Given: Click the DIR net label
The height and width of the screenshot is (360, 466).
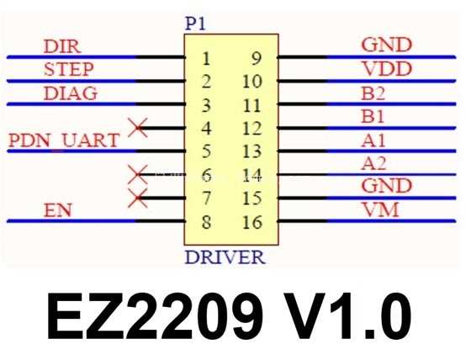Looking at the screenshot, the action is click(x=62, y=46).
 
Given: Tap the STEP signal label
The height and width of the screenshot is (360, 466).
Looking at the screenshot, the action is click(x=69, y=69).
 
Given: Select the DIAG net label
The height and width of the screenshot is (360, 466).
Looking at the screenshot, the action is click(x=71, y=93).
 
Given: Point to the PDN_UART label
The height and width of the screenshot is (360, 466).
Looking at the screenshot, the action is click(x=64, y=140).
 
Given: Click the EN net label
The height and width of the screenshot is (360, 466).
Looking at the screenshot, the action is click(x=58, y=210).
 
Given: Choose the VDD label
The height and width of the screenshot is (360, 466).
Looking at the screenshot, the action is click(x=388, y=69).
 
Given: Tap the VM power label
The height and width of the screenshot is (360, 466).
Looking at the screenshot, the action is click(x=381, y=209).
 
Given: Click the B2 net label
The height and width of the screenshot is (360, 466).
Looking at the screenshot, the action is click(x=373, y=93).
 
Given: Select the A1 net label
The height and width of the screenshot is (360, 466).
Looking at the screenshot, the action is click(x=373, y=140).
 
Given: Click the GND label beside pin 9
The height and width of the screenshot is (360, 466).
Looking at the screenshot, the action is click(x=387, y=45).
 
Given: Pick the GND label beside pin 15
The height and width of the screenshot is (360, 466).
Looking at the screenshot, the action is click(x=387, y=186).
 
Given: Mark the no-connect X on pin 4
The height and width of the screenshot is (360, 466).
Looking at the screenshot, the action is click(x=138, y=128).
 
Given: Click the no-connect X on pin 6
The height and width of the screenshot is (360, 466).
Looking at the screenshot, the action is click(x=138, y=174).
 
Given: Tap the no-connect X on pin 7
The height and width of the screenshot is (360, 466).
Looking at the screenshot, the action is click(x=138, y=198).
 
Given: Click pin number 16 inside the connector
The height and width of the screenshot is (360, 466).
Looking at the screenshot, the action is click(x=252, y=222).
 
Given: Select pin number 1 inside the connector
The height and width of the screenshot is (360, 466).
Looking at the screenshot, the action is click(x=206, y=58).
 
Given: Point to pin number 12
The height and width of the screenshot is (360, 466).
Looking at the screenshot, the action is click(x=252, y=129).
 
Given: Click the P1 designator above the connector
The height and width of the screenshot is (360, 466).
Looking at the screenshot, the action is click(x=195, y=24).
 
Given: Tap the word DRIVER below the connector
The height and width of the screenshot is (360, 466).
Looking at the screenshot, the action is click(x=225, y=257).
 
